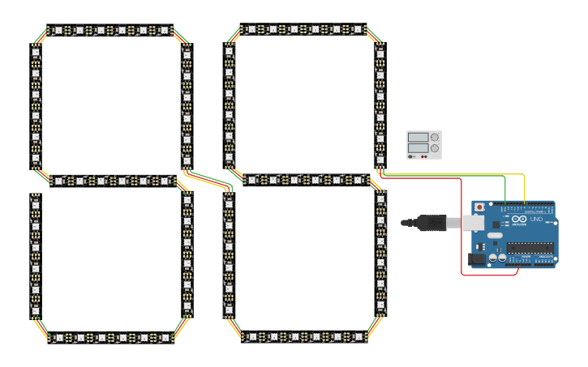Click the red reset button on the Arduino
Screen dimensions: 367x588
coord(479,207)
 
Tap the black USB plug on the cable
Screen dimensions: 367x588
coord(431,222)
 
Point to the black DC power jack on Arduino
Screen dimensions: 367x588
coord(477,258)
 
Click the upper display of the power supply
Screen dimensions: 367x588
coord(418,137)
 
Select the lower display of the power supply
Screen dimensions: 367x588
coord(418,148)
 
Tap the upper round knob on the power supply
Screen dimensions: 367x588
coord(435,137)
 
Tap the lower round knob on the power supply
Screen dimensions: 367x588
coord(435,148)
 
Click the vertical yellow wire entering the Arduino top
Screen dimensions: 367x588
coord(525,190)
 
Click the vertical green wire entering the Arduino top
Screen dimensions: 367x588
coord(505,190)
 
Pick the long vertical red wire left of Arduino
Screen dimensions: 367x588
coord(461,227)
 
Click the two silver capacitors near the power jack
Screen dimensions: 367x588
coord(497,258)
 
